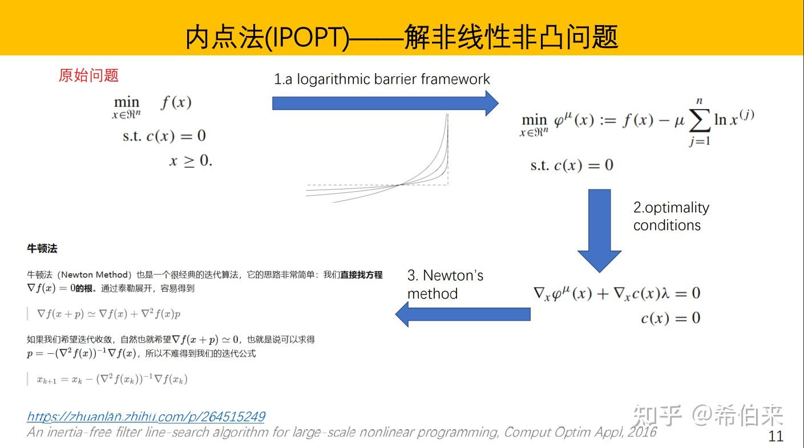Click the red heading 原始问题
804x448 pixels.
pyautogui.click(x=88, y=75)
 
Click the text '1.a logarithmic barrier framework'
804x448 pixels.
pyautogui.click(x=382, y=79)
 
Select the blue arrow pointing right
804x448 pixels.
pyautogui.click(x=385, y=103)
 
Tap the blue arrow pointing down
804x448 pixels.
pyautogui.click(x=599, y=231)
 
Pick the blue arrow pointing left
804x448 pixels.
pyautogui.click(x=463, y=314)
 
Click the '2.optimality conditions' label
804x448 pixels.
pyautogui.click(x=671, y=216)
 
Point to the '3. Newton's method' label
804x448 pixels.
pyautogui.click(x=445, y=284)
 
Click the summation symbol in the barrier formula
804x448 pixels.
pyautogui.click(x=700, y=120)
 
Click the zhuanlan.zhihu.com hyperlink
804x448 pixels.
pyautogui.click(x=146, y=417)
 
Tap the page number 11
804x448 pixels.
pyautogui.click(x=775, y=436)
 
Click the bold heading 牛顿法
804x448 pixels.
pyautogui.click(x=42, y=248)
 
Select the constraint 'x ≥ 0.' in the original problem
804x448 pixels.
pyautogui.click(x=191, y=160)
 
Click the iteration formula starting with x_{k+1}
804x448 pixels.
pyautogui.click(x=112, y=379)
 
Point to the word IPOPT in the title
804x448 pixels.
pyautogui.click(x=307, y=37)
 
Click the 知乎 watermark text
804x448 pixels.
pyautogui.click(x=656, y=415)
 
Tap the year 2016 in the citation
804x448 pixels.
pyautogui.click(x=642, y=432)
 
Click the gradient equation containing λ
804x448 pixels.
pyautogui.click(x=617, y=293)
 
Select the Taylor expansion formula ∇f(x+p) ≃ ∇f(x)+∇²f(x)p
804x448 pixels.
pyautogui.click(x=108, y=314)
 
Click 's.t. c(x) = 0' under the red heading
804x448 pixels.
pyautogui.click(x=164, y=136)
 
